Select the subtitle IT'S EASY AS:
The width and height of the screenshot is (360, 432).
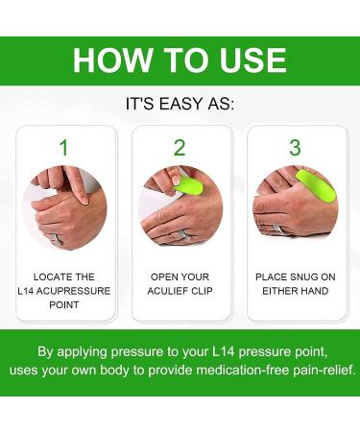(180, 101)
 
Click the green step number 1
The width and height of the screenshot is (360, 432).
(63, 148)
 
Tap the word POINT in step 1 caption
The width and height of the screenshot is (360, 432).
(63, 303)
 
